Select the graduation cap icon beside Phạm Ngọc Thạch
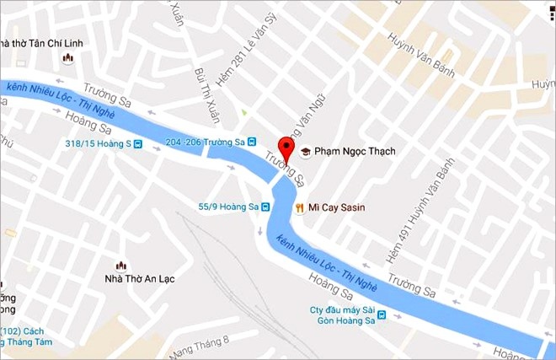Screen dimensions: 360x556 [x=306, y=152]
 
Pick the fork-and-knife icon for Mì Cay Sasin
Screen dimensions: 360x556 [x=299, y=207]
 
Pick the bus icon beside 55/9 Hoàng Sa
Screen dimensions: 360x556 [x=265, y=207]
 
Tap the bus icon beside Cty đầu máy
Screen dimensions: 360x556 [x=382, y=316]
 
